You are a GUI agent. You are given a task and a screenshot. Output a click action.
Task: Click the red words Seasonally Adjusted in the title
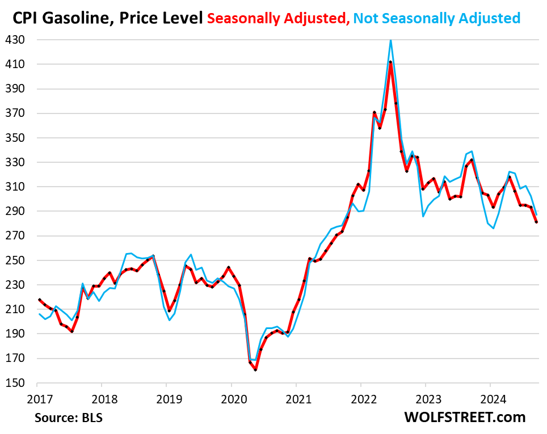tap(278, 19)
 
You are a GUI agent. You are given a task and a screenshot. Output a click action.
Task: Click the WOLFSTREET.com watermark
tap(465, 418)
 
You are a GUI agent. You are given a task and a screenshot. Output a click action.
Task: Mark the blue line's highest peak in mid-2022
tap(391, 40)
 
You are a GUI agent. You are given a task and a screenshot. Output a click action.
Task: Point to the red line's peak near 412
tap(391, 62)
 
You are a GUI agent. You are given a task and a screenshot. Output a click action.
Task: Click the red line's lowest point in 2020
tap(255, 370)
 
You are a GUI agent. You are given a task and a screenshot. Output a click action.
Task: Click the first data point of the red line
tap(39, 300)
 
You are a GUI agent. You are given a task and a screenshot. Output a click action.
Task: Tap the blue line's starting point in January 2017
tap(39, 314)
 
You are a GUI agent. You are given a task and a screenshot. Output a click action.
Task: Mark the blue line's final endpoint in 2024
tap(536, 214)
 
